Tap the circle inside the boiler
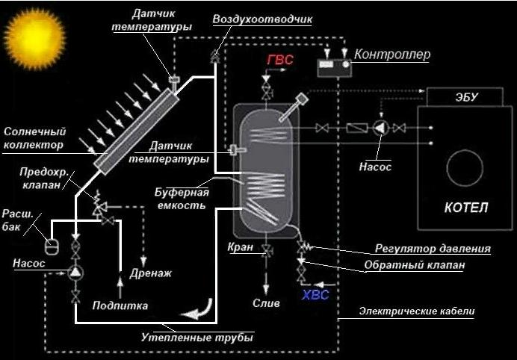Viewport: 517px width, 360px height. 465,164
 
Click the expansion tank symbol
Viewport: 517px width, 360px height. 52,244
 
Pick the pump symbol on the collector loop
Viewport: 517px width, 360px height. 75,273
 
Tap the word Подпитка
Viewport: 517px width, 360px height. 120,305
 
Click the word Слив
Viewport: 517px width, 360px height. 267,304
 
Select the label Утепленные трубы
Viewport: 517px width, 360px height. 197,338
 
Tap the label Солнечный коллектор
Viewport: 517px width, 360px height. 34,137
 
